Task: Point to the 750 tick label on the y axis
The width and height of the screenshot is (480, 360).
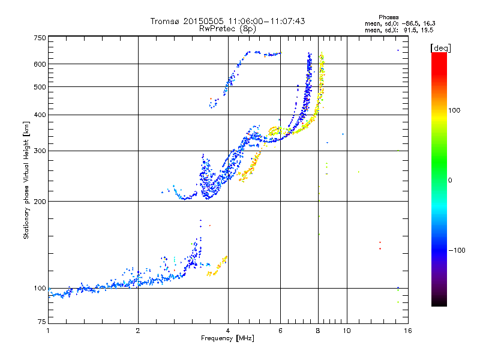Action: [x=40, y=38]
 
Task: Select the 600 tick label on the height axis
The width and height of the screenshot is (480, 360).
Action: [x=40, y=64]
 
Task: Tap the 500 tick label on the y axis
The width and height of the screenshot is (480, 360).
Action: [x=40, y=87]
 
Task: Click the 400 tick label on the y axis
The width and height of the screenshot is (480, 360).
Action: [x=40, y=115]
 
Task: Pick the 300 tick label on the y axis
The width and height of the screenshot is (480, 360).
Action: [x=40, y=151]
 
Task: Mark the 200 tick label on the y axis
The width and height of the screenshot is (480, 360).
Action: [x=40, y=202]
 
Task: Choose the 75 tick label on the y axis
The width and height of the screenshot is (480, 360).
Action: [x=41, y=323]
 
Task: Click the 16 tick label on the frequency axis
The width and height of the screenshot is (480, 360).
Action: [x=407, y=331]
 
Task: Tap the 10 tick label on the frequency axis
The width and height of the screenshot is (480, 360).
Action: [x=346, y=331]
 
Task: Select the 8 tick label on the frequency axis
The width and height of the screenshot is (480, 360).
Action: [x=318, y=331]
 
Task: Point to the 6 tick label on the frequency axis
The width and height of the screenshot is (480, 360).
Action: [x=281, y=331]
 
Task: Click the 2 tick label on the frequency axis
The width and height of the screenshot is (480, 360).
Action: [x=138, y=331]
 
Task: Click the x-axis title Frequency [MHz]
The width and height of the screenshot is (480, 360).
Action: [x=227, y=338]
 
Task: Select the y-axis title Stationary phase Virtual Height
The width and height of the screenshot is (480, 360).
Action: [x=26, y=180]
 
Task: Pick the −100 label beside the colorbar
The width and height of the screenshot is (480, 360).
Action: [x=458, y=250]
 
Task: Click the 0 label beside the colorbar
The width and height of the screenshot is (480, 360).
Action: [x=451, y=180]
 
